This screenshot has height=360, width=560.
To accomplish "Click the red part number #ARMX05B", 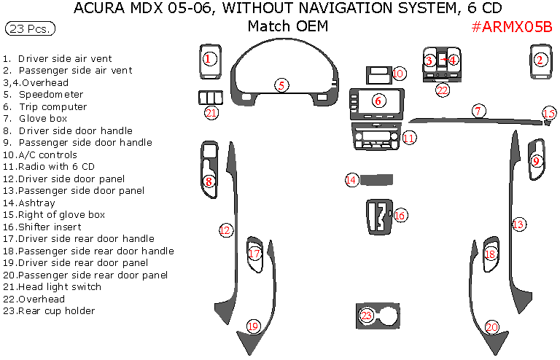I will point(511,27).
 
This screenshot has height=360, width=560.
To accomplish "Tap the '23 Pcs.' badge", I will point(29,28).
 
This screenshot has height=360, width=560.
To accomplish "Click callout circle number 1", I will point(209,59).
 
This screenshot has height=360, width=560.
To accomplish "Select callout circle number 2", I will point(540,60).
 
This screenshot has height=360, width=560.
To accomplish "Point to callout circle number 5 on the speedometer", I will point(281,85).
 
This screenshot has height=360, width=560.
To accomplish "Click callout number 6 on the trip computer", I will point(378,101).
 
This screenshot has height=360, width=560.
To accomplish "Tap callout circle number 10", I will point(398,74).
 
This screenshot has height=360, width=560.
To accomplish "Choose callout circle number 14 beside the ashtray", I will point(352,179).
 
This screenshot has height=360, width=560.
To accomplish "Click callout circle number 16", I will point(400,215).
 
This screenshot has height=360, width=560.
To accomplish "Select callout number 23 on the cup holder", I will point(367,316).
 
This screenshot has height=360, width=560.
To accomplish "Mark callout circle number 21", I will point(211,112).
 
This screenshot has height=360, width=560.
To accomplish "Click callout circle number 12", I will point(225,230).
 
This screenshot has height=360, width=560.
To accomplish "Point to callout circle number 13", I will point(518,224).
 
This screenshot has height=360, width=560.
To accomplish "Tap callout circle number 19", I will point(253,326).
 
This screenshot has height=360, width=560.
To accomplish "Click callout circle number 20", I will point(492,327).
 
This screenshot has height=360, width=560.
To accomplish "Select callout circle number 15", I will point(549,113).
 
